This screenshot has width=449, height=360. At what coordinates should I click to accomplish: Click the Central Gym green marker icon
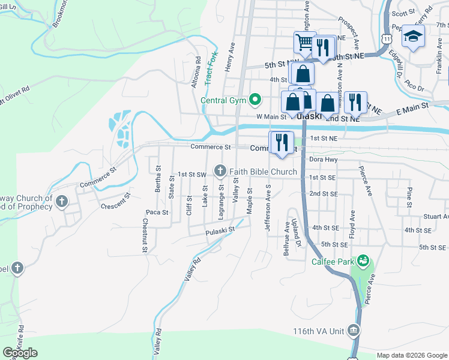coord(255,100)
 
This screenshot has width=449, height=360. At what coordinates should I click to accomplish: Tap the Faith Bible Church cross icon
coord(220,172)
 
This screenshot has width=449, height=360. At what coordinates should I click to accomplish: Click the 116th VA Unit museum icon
coord(353,331)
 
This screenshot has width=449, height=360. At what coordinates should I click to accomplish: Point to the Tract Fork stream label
coord(211,67)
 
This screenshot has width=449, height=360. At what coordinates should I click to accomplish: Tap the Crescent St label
coord(116,199)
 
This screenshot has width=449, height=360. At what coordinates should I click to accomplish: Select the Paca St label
coord(156,212)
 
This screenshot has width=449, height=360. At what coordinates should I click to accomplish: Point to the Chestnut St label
coord(145,235)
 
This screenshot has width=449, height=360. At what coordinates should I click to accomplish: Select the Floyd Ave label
coord(353,223)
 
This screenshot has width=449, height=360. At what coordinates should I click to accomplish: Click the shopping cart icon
coord(304,42)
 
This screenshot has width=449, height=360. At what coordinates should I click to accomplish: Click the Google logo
coord(20,353)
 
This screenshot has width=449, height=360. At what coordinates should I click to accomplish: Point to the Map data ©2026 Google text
coord(411,355)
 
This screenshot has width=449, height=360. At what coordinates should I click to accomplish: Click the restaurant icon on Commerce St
coord(281,142)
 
